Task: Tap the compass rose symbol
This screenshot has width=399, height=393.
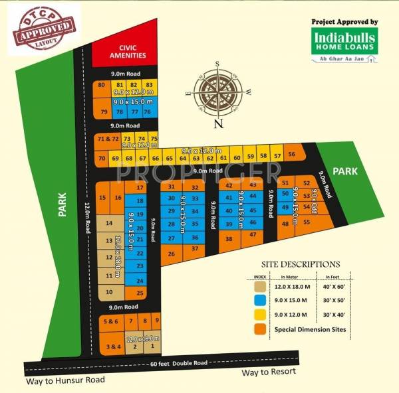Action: pos(218,92)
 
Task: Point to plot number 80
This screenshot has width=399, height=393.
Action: pos(101,86)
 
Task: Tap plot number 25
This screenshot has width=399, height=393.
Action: pos(139,293)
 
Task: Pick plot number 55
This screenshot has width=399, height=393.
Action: pos(307,222)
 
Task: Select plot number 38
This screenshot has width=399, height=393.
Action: pos(229,239)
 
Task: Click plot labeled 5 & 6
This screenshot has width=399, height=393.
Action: pos(110,321)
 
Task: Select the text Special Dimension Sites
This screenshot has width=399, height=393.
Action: pos(308,330)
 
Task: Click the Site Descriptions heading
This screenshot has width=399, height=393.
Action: pos(301,264)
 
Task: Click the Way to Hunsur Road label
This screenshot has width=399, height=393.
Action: pos(66,380)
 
